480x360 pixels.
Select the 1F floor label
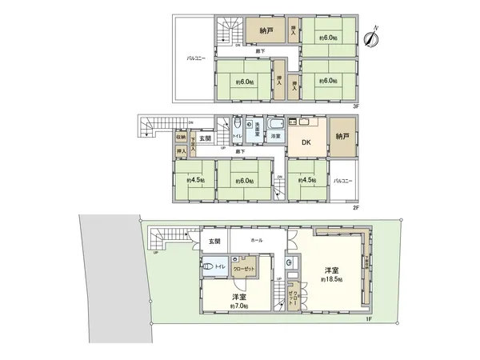pyautogui.click(x=370, y=320)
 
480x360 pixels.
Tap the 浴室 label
pyautogui.click(x=276, y=138)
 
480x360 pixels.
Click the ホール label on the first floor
pyautogui.click(x=256, y=239)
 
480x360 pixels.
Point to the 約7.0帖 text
pyautogui.click(x=239, y=306)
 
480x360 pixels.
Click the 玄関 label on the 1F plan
pyautogui.click(x=214, y=241)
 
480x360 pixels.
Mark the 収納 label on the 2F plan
pyautogui.click(x=181, y=137)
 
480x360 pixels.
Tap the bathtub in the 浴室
pyautogui.click(x=276, y=127)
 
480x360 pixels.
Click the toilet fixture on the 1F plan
pyautogui.click(x=210, y=267)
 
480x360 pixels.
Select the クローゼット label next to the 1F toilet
pyautogui.click(x=244, y=270)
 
